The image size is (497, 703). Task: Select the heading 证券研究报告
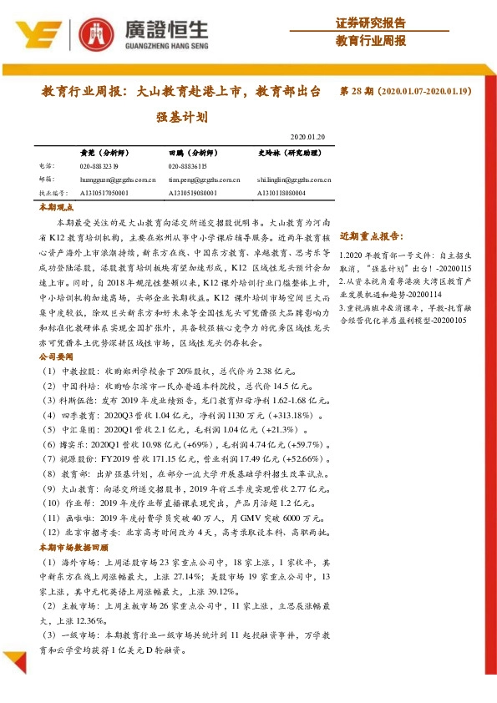tap(371, 23)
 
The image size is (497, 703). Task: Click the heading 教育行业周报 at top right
tap(371, 41)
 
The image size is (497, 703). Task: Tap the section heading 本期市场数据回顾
tap(74, 548)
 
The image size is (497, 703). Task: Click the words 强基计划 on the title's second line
tap(180, 119)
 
